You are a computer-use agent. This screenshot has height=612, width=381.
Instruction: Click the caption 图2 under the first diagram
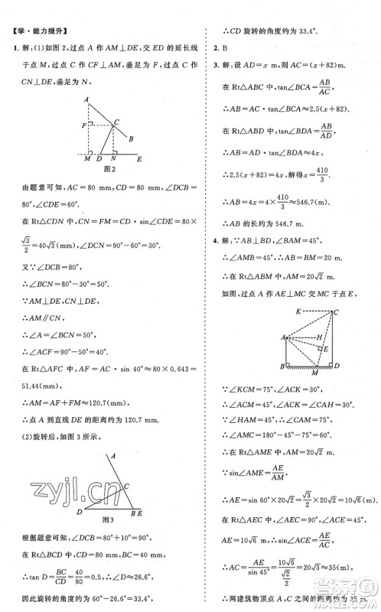(109, 168)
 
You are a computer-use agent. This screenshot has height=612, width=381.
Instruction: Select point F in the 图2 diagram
(84, 124)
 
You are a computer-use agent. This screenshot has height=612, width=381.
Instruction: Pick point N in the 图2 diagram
(113, 160)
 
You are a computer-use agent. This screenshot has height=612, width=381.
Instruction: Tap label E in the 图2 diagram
(138, 160)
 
